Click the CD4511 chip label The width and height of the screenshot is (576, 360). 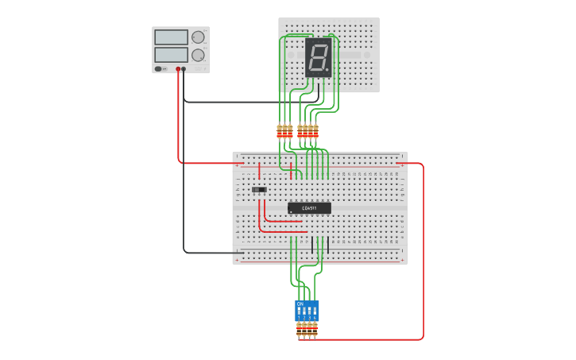309,208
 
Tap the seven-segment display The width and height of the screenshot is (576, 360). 318,57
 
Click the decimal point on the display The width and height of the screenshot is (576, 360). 327,70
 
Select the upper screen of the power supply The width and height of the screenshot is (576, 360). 171,37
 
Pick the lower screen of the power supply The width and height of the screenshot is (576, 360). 171,55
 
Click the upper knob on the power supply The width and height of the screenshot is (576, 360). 198,37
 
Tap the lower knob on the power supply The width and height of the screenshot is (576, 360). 198,55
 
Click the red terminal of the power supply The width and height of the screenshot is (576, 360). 178,69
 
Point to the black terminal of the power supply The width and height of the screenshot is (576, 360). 184,69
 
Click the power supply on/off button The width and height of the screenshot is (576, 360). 158,69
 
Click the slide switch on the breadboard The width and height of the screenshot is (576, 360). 259,190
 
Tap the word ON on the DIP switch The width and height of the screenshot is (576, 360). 300,304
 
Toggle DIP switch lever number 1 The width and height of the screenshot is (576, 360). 300,311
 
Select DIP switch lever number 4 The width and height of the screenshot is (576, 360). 315,311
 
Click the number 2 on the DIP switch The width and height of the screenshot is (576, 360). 304,318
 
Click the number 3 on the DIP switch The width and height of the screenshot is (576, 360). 310,318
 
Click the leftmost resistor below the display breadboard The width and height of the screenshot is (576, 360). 280,132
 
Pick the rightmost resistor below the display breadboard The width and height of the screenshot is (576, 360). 315,132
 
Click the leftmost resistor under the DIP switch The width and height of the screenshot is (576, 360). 300,329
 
